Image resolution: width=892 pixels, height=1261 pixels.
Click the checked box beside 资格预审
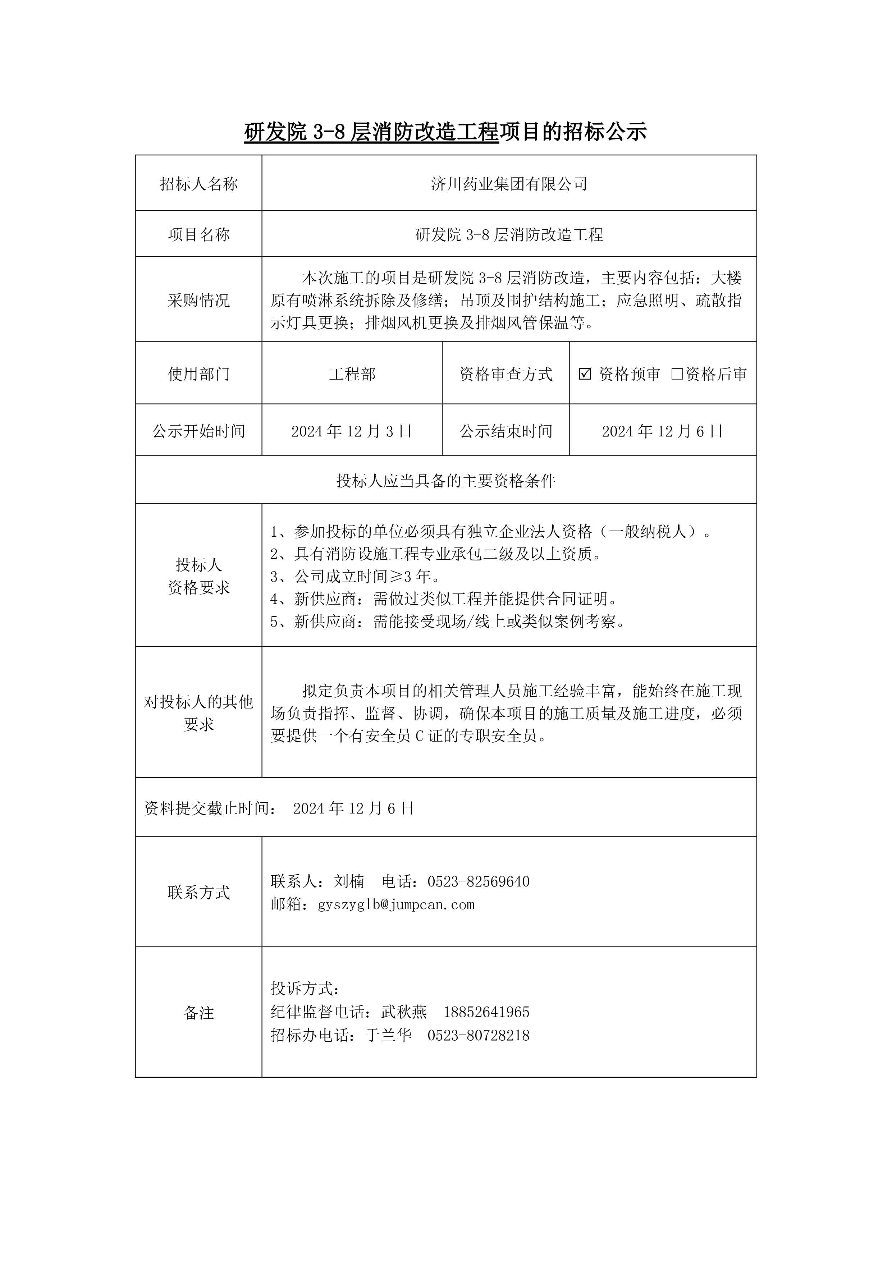(x=585, y=374)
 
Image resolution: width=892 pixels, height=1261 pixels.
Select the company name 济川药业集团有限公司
(x=509, y=184)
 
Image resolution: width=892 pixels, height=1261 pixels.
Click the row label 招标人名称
(x=198, y=184)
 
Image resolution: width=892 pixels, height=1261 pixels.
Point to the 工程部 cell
(x=352, y=374)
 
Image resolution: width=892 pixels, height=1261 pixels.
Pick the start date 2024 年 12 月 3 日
(x=352, y=431)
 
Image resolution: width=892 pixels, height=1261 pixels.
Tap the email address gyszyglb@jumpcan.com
(x=395, y=904)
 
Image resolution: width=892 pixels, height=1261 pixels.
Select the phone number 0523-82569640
(x=479, y=881)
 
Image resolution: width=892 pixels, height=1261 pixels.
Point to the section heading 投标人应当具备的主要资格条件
(x=445, y=481)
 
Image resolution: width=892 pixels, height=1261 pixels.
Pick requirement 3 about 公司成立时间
(x=355, y=577)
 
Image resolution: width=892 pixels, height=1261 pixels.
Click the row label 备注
(x=198, y=1013)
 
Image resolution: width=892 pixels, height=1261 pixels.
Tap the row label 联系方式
(x=198, y=893)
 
